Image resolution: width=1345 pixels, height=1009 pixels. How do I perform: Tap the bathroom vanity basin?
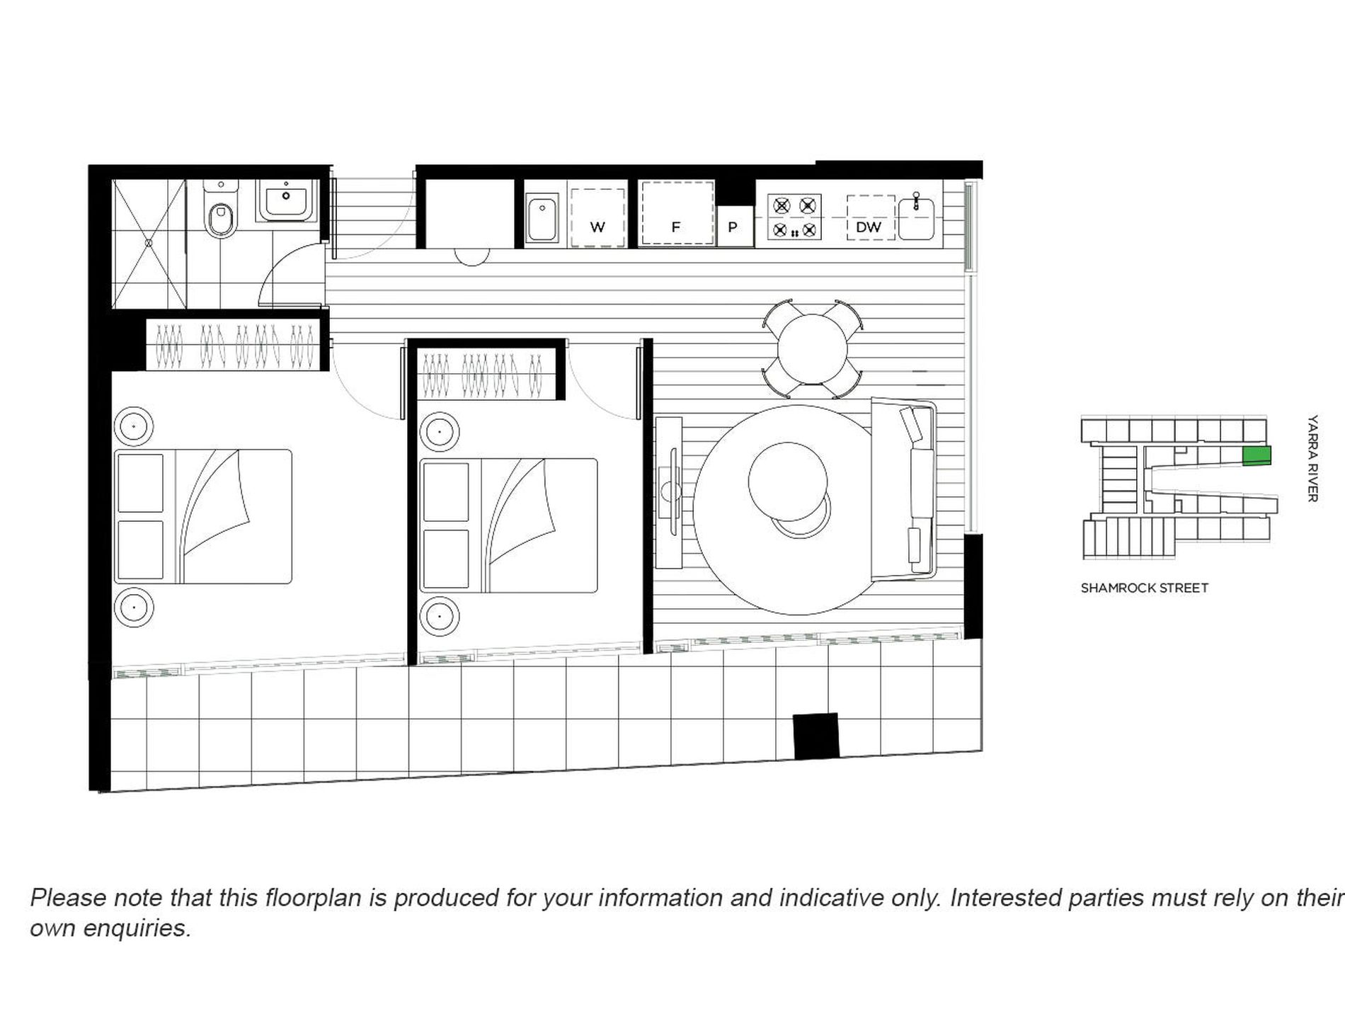coord(286,200)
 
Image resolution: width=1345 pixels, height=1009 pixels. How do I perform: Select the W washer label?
coord(597,227)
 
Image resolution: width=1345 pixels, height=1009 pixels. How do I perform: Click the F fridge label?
coord(675,227)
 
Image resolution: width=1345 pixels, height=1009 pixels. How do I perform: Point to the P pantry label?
coord(733,227)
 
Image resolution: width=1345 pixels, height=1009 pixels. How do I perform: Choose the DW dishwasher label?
coord(869,227)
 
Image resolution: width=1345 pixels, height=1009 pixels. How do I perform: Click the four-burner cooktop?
coord(794,217)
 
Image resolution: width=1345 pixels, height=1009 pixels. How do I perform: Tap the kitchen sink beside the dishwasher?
coord(916,216)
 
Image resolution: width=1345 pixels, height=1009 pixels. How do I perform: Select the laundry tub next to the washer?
coord(543,219)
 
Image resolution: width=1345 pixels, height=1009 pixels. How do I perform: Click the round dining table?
coord(812,349)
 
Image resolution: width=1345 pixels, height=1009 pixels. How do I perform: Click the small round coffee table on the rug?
coord(787,481)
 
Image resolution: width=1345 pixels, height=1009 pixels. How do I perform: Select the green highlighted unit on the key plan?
coord(1258,457)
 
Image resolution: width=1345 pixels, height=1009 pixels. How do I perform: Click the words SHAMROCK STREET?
coord(1144,588)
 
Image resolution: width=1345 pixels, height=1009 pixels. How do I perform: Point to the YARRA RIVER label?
coord(1312,458)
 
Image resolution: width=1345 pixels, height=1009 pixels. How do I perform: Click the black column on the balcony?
coord(815,736)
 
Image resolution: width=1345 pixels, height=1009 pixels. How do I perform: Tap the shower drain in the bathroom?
coord(149,243)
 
